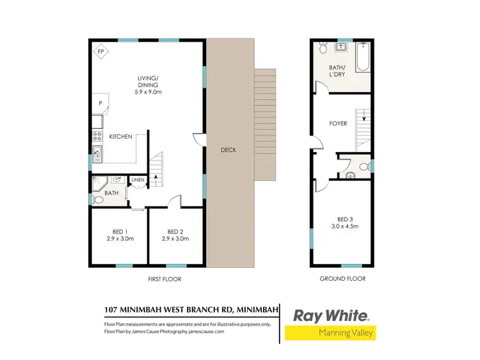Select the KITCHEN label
click(120, 137)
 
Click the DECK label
click(228, 150)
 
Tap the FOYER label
click(338, 123)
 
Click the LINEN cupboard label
click(138, 180)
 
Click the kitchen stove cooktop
click(97, 136)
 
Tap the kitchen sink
click(97, 152)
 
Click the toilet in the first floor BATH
click(98, 200)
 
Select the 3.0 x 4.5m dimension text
click(342, 226)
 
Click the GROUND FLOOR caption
click(342, 279)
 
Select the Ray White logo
click(331, 315)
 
